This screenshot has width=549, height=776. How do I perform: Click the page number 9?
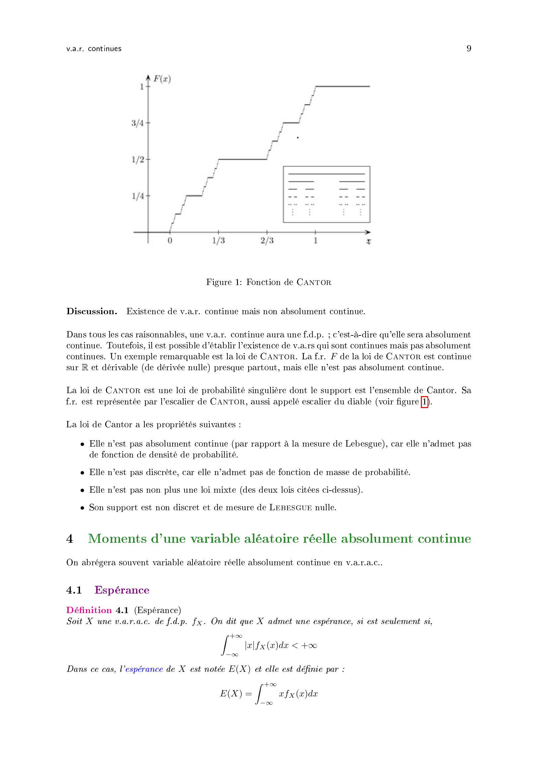(x=469, y=48)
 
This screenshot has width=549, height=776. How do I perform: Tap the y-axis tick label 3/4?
(x=137, y=123)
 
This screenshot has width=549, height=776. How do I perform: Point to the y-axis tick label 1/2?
(x=137, y=159)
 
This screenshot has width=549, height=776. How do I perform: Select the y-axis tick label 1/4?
(x=137, y=196)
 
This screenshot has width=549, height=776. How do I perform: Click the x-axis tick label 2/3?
(x=267, y=241)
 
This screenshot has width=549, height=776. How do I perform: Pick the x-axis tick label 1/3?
(x=218, y=241)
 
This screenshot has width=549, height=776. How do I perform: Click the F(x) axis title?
(x=162, y=79)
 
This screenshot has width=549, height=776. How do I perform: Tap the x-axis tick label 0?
(x=170, y=241)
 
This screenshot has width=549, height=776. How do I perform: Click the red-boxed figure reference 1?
(x=424, y=402)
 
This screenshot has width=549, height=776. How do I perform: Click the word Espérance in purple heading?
(x=122, y=590)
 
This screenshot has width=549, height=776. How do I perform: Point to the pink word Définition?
(x=89, y=610)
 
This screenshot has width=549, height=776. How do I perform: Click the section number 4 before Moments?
(x=70, y=539)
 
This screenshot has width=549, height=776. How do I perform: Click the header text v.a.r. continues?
(x=94, y=49)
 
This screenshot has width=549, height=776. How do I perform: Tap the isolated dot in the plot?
(x=297, y=138)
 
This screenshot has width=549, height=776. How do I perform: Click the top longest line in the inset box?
(x=326, y=174)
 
